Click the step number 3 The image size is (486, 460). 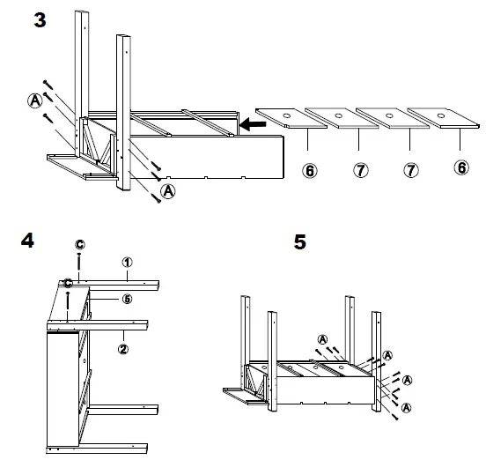40,19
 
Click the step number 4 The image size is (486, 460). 26,241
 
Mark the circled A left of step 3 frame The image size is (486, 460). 33,100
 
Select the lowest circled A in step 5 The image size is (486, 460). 406,407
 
